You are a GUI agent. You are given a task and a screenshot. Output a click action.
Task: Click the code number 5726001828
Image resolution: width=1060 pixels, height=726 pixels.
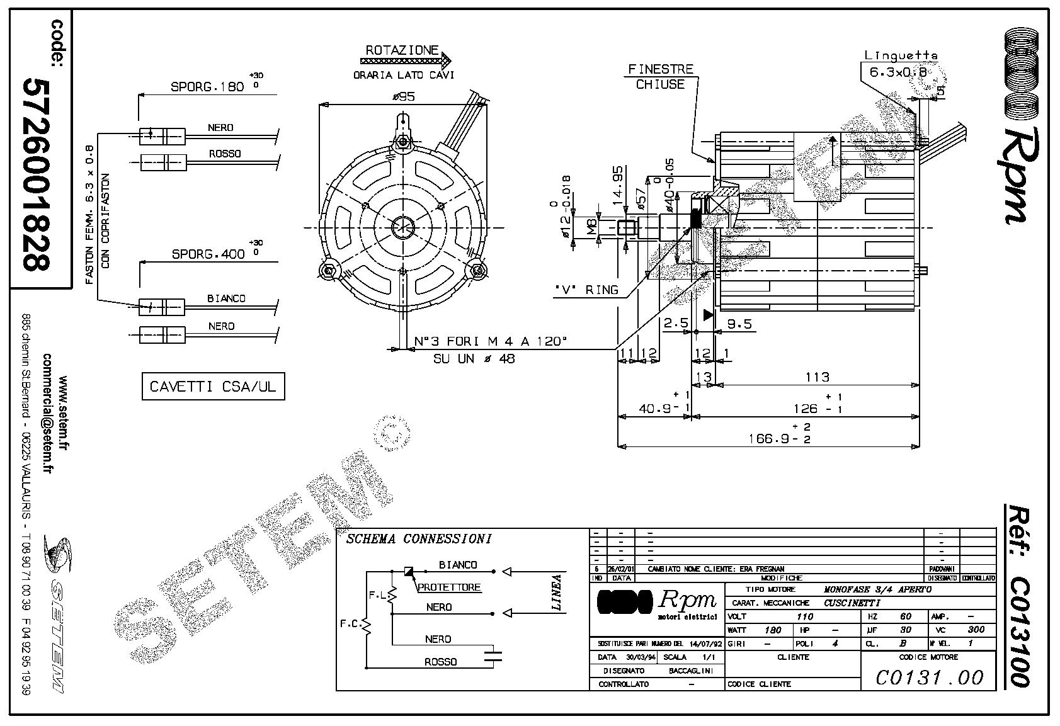click(37, 175)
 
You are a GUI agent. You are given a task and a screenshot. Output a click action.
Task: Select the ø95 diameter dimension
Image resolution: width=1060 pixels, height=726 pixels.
click(403, 97)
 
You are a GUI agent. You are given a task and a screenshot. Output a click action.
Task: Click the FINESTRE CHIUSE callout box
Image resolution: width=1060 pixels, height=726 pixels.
click(660, 77)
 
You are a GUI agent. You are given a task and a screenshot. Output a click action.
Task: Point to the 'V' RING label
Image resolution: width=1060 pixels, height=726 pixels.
click(586, 290)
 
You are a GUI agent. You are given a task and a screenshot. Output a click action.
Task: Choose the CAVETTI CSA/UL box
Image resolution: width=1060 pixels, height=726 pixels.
click(213, 386)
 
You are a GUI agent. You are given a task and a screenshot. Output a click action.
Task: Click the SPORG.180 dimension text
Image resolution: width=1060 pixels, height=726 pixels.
click(208, 87)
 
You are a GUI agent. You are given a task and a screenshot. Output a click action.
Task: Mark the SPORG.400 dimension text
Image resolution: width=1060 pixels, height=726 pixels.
click(208, 254)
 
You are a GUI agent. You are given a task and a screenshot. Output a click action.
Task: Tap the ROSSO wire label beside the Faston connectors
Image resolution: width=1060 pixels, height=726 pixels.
click(225, 154)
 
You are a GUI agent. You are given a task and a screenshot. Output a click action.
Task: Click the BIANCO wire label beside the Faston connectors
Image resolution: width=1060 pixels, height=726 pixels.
click(226, 298)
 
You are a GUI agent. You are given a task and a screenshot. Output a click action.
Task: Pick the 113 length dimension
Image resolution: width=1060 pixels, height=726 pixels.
click(817, 377)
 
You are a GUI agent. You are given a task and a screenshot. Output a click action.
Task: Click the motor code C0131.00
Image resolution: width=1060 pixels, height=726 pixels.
click(930, 677)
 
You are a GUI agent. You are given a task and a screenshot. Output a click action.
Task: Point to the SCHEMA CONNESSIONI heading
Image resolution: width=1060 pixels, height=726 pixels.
click(418, 539)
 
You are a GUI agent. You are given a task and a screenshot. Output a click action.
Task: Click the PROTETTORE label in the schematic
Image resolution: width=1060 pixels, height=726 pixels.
click(449, 587)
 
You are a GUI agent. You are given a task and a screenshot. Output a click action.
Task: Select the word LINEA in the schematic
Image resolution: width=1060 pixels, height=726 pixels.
click(557, 593)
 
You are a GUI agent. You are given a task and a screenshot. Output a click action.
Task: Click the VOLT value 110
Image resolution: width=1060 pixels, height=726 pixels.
click(805, 616)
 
